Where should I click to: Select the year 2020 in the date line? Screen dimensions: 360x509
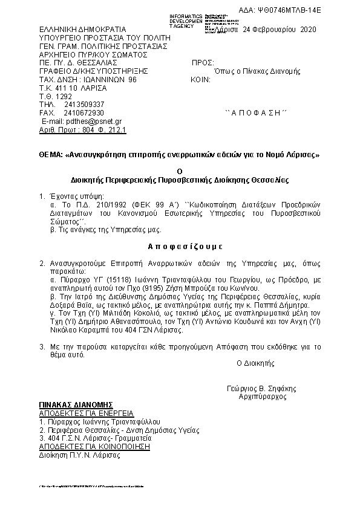pyautogui.click(x=307, y=29)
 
